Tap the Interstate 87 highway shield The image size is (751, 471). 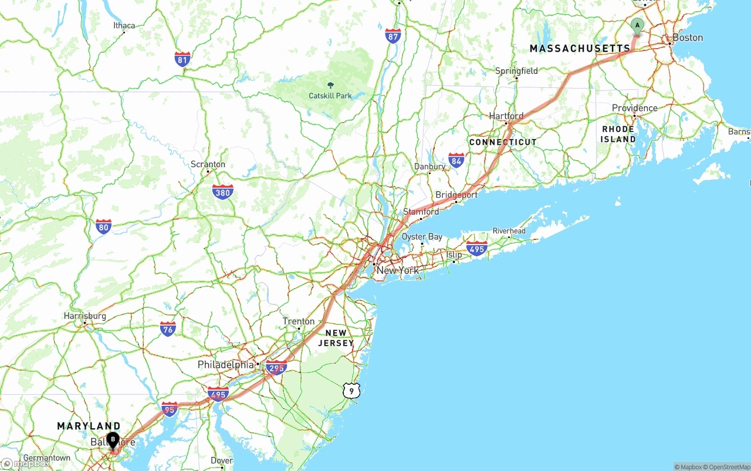393,36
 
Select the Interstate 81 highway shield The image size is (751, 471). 182,59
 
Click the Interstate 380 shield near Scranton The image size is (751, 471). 222,192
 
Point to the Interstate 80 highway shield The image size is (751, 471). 103,226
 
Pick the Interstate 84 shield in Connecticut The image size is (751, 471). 456,160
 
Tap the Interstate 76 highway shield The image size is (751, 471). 168,329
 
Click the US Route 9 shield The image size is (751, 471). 350,389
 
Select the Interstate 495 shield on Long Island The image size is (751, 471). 477,248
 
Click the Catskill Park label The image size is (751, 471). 330,95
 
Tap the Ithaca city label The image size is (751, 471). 124,25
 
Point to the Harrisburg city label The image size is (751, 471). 85,316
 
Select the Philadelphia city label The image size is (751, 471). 226,364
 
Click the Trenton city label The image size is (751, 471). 299,321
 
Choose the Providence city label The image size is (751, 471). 634,108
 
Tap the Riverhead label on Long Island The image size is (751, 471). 509,231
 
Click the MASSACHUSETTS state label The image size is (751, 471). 580,48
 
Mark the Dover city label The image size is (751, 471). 221,460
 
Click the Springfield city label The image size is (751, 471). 516,71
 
